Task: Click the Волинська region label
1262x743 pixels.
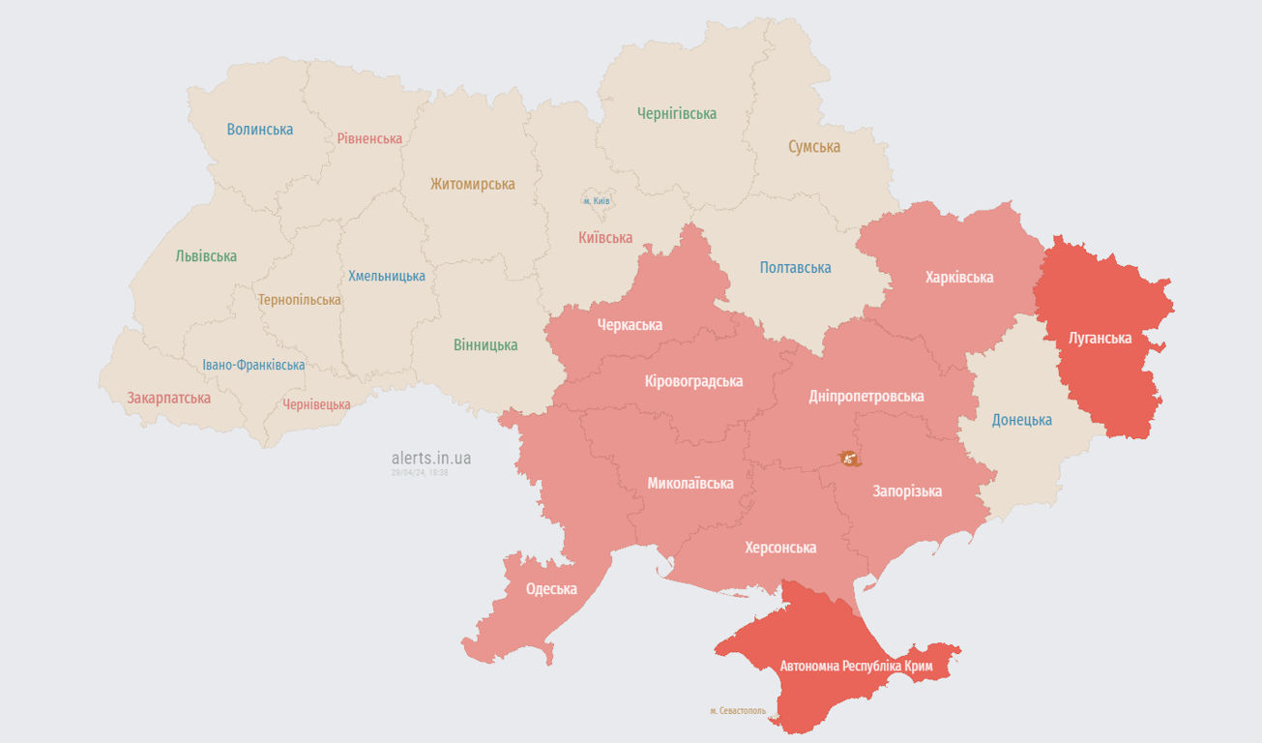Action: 260,130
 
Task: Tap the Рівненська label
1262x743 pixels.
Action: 369,138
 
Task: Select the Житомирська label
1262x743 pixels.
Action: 473,184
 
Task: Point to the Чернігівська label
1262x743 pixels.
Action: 677,113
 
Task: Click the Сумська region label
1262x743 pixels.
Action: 814,147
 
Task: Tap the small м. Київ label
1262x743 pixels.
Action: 597,201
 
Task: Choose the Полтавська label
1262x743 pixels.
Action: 795,268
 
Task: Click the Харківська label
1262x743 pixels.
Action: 959,278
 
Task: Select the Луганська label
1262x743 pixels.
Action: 1101,339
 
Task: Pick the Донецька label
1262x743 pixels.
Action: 1022,420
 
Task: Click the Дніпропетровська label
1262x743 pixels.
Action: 866,396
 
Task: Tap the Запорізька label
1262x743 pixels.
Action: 907,491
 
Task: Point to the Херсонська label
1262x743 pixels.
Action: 780,548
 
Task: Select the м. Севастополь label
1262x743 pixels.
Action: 738,711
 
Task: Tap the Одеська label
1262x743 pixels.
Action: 551,589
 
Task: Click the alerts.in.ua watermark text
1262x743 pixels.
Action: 431,458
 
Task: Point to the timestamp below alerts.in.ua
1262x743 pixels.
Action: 420,473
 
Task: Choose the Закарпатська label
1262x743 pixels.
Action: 169,398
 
